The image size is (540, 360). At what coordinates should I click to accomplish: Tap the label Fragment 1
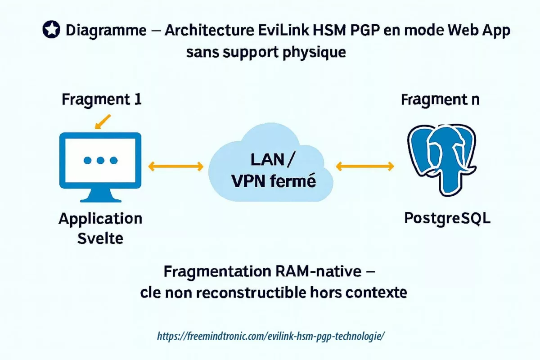click(102, 99)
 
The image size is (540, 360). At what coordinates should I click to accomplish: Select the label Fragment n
click(440, 99)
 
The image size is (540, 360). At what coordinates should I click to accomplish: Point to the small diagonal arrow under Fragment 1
click(103, 121)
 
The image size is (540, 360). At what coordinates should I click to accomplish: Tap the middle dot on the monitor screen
click(100, 160)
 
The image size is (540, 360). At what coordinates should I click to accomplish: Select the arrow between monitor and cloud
click(176, 166)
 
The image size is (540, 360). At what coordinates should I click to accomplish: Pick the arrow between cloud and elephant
click(365, 166)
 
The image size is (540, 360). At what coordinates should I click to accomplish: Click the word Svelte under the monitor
click(100, 238)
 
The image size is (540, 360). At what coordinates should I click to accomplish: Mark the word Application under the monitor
click(100, 219)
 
